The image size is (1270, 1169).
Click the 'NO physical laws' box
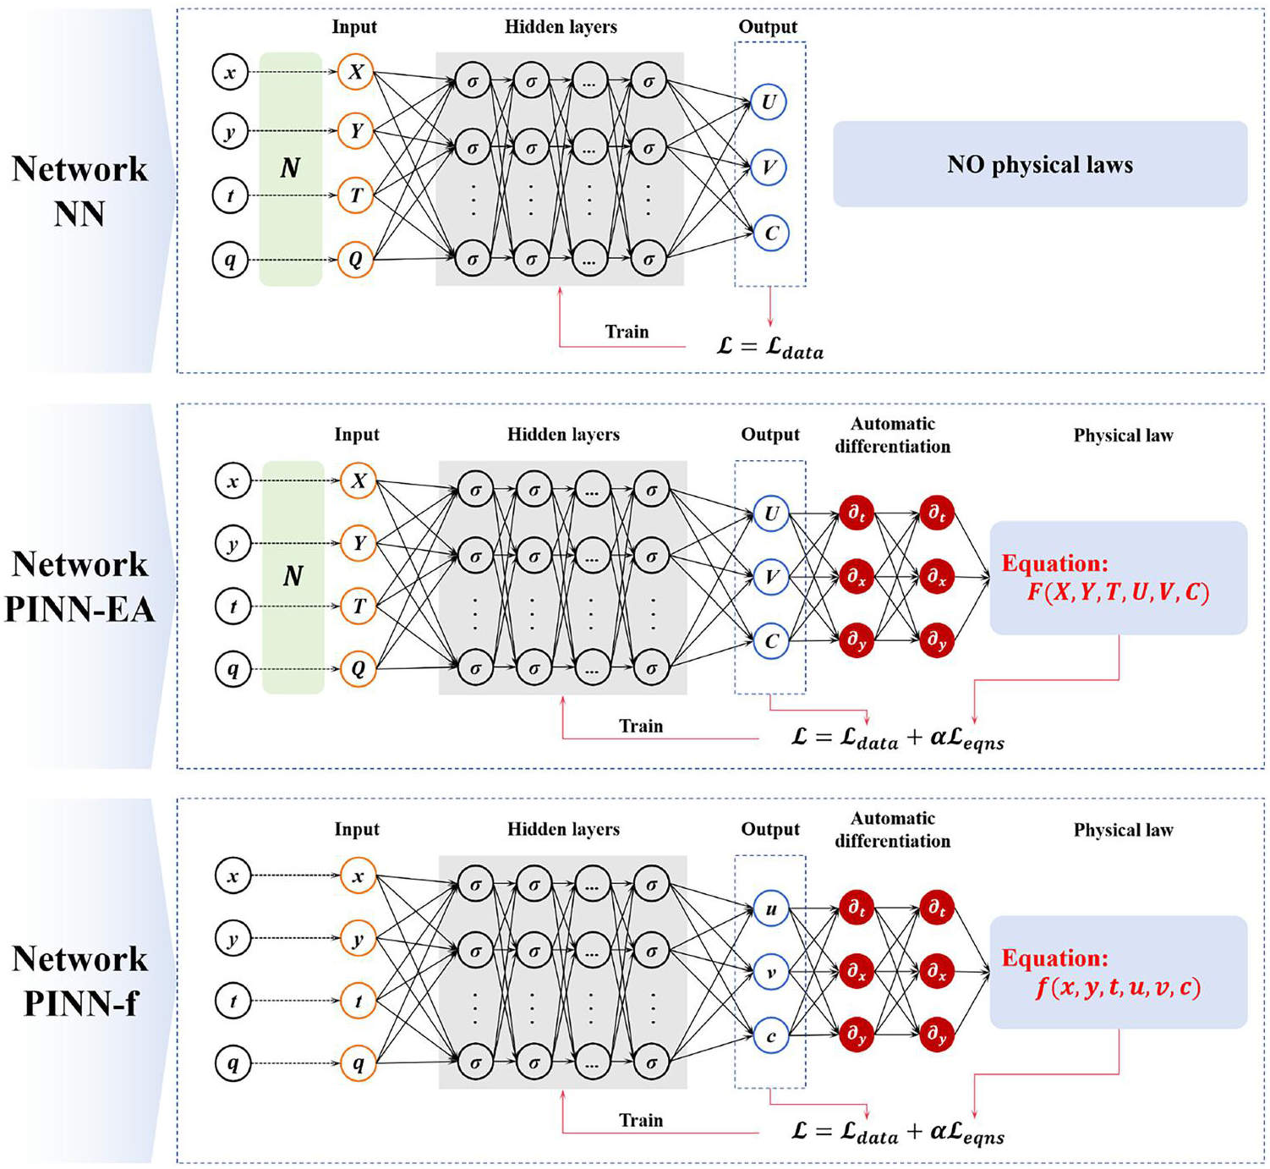1040,164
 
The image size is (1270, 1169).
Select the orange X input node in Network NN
355,72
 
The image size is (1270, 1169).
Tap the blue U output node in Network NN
769,102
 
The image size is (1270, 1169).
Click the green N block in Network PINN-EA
293,577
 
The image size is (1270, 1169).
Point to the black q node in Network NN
229,260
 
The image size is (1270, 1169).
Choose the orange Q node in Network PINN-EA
358,669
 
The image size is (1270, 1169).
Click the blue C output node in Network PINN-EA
770,641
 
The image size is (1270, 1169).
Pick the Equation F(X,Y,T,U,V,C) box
1118,578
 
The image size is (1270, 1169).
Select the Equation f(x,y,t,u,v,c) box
1118,972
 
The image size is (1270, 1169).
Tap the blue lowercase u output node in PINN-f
770,909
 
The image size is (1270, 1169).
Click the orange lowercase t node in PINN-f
358,1001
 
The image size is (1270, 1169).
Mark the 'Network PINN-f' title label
80,981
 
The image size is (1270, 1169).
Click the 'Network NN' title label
79,191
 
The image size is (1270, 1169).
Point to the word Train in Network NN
627,332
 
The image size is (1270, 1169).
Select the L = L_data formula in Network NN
769,348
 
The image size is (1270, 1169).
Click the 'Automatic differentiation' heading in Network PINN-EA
893,435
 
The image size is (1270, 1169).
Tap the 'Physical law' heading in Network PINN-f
1123,830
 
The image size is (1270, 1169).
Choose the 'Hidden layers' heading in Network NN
561,27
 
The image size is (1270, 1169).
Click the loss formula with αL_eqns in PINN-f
897,1133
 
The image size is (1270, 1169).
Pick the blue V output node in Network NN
769,167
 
